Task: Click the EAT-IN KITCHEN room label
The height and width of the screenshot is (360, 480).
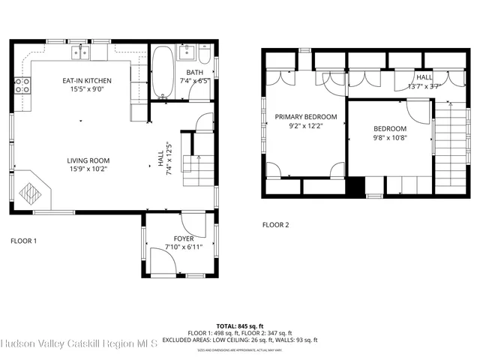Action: tap(88, 80)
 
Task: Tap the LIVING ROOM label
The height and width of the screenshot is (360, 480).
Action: tap(88, 160)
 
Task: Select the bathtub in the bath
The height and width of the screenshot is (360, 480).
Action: tap(162, 73)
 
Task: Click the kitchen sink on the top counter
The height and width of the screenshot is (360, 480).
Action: tap(81, 52)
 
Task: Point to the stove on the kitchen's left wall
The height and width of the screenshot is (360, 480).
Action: tap(22, 85)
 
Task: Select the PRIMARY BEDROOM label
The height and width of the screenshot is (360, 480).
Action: tap(305, 117)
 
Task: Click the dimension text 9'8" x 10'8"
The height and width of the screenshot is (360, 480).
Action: tap(389, 138)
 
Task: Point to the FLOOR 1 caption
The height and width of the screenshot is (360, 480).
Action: tap(23, 241)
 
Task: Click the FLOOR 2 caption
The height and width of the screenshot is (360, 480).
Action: tap(275, 224)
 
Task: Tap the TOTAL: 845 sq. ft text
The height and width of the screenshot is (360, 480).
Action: tap(240, 326)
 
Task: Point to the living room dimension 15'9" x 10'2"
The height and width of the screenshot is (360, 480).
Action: tap(88, 169)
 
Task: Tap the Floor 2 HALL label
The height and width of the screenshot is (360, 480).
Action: tap(424, 76)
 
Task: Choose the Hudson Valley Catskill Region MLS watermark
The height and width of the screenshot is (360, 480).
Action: tap(79, 344)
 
